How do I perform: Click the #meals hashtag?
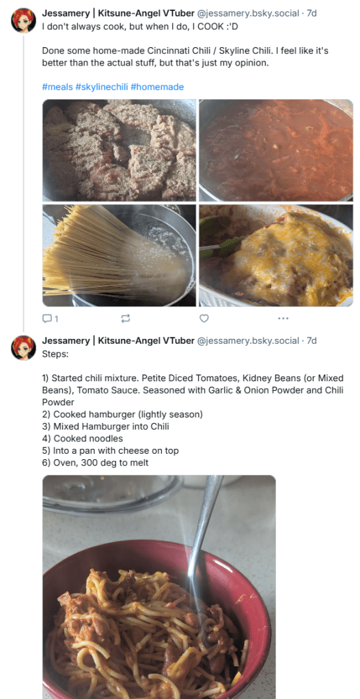click(57, 87)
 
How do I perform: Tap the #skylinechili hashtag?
click(102, 87)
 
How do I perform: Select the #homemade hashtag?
click(157, 87)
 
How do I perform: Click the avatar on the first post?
click(23, 20)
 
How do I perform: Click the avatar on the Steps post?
click(23, 348)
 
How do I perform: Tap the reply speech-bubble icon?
click(46, 318)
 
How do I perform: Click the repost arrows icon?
click(126, 318)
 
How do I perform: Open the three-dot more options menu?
click(283, 318)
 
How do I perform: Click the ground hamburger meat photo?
click(119, 150)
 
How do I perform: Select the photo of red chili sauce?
click(276, 150)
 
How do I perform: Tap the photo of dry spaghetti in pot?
click(119, 256)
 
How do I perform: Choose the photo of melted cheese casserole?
click(276, 256)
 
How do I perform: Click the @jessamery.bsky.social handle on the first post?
click(248, 14)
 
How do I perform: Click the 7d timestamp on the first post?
click(311, 14)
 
